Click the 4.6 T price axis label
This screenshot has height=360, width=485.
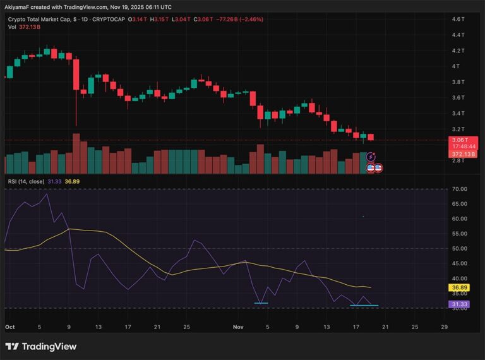pyautogui.click(x=458, y=20)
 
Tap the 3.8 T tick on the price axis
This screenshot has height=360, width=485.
pyautogui.click(x=458, y=82)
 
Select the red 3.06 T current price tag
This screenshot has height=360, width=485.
pyautogui.click(x=458, y=140)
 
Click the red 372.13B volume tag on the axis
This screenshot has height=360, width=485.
pyautogui.click(x=458, y=153)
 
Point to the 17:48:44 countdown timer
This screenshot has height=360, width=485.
pyautogui.click(x=458, y=147)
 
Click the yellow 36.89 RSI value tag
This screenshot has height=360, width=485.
pyautogui.click(x=458, y=287)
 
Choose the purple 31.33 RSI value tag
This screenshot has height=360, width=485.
pyautogui.click(x=458, y=304)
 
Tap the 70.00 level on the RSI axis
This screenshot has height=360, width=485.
pyautogui.click(x=459, y=189)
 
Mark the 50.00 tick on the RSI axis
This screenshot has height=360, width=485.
pyautogui.click(x=459, y=248)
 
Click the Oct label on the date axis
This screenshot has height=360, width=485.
pyautogui.click(x=9, y=327)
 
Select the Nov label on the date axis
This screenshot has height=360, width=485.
pyautogui.click(x=238, y=327)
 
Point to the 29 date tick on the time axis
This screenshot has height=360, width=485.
pyautogui.click(x=445, y=327)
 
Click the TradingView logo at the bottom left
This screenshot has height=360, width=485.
pyautogui.click(x=40, y=346)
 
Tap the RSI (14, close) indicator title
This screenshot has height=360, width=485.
pyautogui.click(x=25, y=181)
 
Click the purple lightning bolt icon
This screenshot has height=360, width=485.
pyautogui.click(x=372, y=157)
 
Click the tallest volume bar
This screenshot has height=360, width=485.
pyautogui.click(x=76, y=153)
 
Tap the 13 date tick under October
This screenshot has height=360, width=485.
pyautogui.click(x=99, y=327)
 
